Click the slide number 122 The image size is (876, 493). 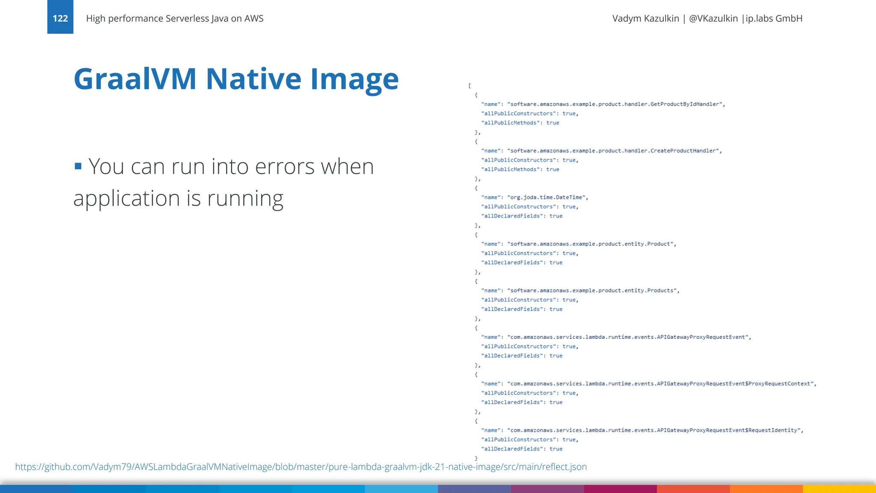(x=60, y=18)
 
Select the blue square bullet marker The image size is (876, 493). (x=78, y=166)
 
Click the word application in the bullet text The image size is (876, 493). (x=127, y=199)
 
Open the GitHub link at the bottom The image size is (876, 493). (x=301, y=466)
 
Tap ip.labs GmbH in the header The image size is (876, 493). (x=774, y=18)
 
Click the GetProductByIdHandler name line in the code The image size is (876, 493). (x=603, y=104)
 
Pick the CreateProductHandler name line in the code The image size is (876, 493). (x=601, y=151)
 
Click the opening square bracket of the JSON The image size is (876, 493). (x=470, y=86)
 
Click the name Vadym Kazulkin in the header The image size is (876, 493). (x=645, y=18)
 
